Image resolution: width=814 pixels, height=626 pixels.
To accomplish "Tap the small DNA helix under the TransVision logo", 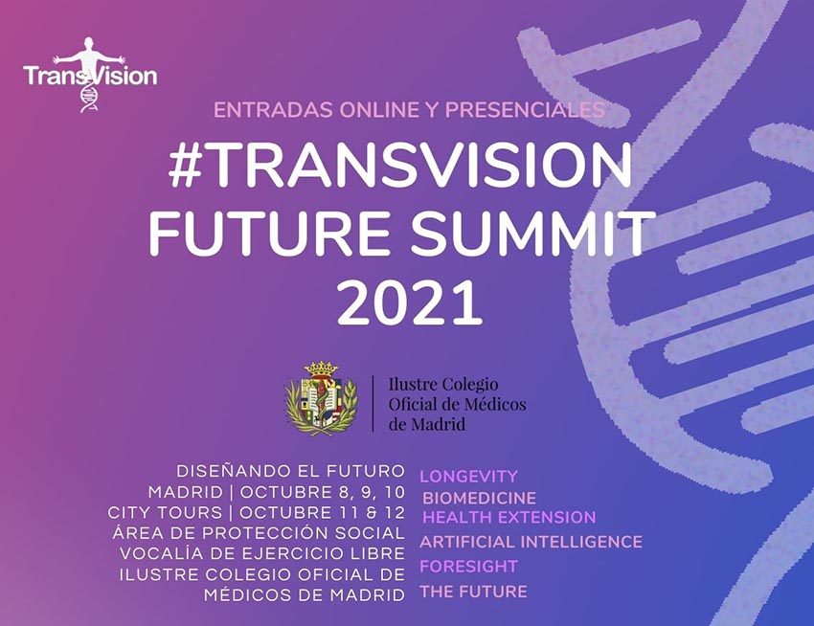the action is (89, 99).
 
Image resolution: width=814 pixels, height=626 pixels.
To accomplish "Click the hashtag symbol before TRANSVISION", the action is (186, 164).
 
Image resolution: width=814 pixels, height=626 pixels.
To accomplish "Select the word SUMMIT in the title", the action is (533, 233).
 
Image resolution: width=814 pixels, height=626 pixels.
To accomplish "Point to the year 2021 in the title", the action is (410, 302).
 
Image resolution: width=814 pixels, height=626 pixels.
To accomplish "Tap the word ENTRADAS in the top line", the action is (273, 110).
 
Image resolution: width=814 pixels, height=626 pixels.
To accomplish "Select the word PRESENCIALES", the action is (525, 110).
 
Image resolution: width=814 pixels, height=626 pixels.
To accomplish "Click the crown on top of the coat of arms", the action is (321, 369).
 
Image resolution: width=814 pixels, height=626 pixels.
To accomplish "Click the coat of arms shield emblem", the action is (321, 398).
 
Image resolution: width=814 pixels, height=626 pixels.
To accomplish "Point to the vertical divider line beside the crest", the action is (373, 403).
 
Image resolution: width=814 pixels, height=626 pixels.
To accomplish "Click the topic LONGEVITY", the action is (469, 476).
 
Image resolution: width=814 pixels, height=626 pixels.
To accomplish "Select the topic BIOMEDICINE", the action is (479, 498).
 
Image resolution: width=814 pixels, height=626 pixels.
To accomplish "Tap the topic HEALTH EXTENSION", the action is (509, 518).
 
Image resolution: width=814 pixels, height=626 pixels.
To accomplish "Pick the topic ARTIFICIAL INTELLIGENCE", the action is (531, 542).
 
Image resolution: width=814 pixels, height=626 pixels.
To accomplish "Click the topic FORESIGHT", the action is (469, 567).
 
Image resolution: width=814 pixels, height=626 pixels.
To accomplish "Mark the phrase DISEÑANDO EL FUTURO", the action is (290, 471).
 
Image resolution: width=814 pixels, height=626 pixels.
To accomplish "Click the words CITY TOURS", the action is (165, 513).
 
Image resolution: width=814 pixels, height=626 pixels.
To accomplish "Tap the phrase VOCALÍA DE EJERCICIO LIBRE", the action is (262, 554).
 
